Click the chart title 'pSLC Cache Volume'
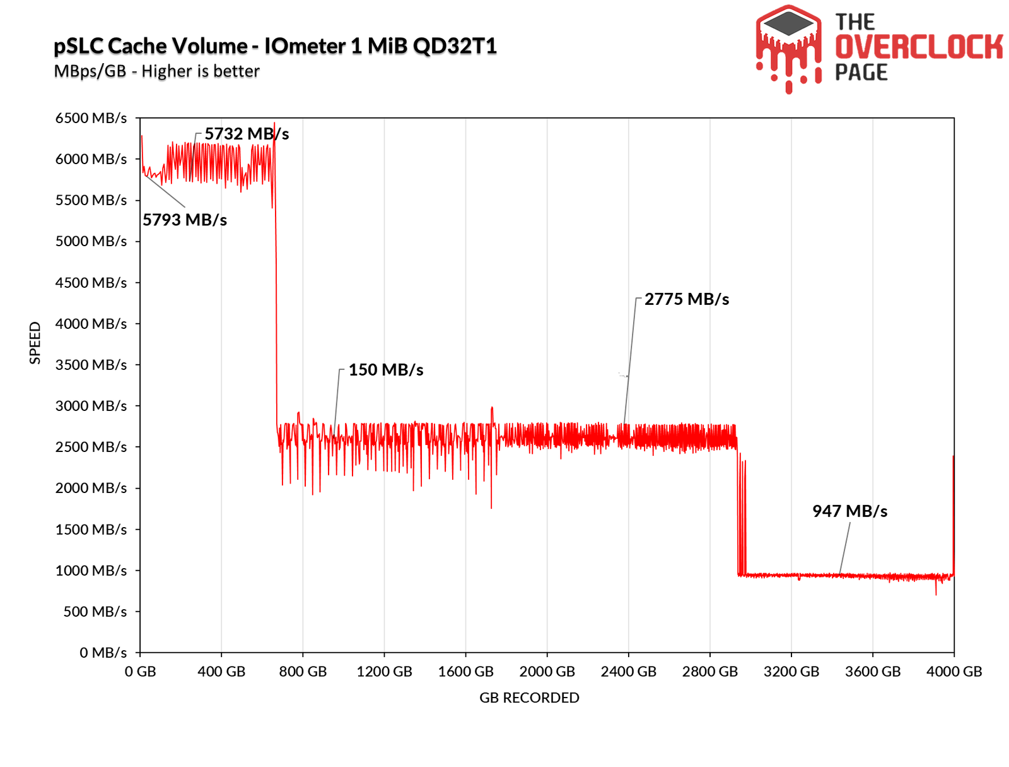[151, 46]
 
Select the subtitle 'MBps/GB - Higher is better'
[156, 71]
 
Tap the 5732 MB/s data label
[247, 134]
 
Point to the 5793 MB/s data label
[184, 220]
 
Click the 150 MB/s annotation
[385, 370]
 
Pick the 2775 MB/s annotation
[686, 299]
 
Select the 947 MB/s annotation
[849, 511]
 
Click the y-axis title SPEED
[35, 343]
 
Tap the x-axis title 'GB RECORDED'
[529, 698]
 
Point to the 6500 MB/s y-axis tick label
[91, 118]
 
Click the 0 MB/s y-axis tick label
[103, 653]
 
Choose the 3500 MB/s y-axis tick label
[91, 365]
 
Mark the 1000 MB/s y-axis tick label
[91, 571]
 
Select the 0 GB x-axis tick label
[140, 672]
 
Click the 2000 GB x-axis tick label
[547, 672]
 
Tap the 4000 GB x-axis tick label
[954, 672]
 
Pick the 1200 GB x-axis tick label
[384, 672]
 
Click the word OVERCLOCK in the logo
[919, 47]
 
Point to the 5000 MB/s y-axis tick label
[91, 241]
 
